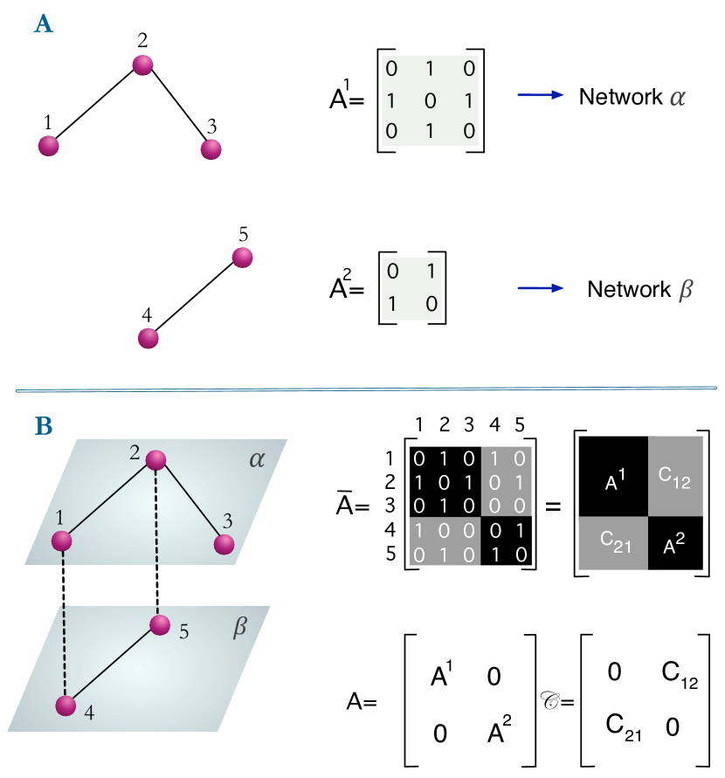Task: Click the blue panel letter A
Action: pos(43,24)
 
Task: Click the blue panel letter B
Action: pos(43,426)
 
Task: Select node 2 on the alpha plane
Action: pos(155,460)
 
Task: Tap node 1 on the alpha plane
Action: pos(61,541)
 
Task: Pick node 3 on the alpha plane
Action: pos(224,544)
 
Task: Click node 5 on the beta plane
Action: pos(159,624)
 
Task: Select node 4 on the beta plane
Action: pos(66,706)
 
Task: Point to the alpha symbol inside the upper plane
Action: pos(256,458)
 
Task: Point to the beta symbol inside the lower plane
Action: pos(240,627)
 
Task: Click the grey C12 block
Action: pos(675,476)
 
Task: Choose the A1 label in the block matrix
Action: pos(616,481)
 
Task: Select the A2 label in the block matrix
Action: pos(673,546)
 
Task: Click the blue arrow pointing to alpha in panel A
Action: pos(541,94)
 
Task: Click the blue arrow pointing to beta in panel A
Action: pos(541,288)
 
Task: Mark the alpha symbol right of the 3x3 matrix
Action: pos(677,98)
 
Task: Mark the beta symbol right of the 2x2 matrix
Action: pos(686,290)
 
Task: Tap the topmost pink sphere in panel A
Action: pos(142,65)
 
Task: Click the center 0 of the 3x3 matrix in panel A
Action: pos(430,100)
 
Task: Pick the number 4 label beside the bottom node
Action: pos(89,713)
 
